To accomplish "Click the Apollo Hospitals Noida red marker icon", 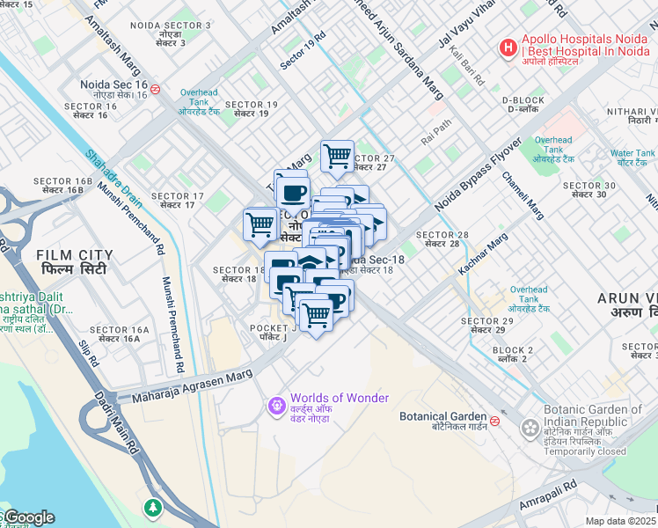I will click(x=508, y=48).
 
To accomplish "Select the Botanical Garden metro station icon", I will click(x=495, y=421).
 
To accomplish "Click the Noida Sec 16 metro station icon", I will click(x=155, y=88).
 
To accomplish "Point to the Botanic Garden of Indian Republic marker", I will click(x=530, y=429).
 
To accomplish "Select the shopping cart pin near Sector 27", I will click(x=337, y=157).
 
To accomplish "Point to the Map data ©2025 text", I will click(x=621, y=521).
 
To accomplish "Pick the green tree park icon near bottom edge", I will click(x=154, y=508).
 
